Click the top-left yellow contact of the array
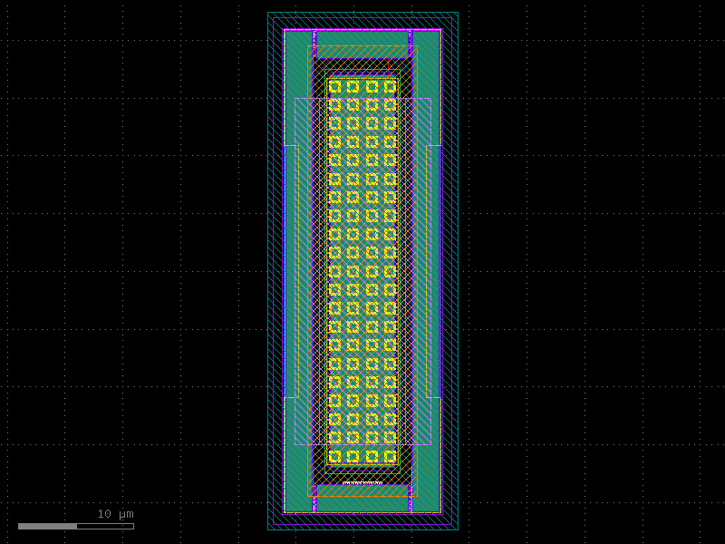point(334,87)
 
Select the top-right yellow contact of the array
point(390,87)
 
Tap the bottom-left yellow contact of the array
point(334,456)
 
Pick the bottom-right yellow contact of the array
point(390,456)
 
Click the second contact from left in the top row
point(353,87)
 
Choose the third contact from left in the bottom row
point(372,456)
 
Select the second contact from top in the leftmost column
point(334,105)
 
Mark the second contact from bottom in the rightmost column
point(390,437)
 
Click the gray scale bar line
point(76,526)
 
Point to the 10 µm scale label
point(115,514)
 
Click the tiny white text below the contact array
point(362,482)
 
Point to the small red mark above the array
point(388,66)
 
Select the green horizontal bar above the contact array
point(362,38)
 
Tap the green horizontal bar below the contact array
point(362,503)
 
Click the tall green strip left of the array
point(291,271)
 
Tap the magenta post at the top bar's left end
point(314,38)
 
